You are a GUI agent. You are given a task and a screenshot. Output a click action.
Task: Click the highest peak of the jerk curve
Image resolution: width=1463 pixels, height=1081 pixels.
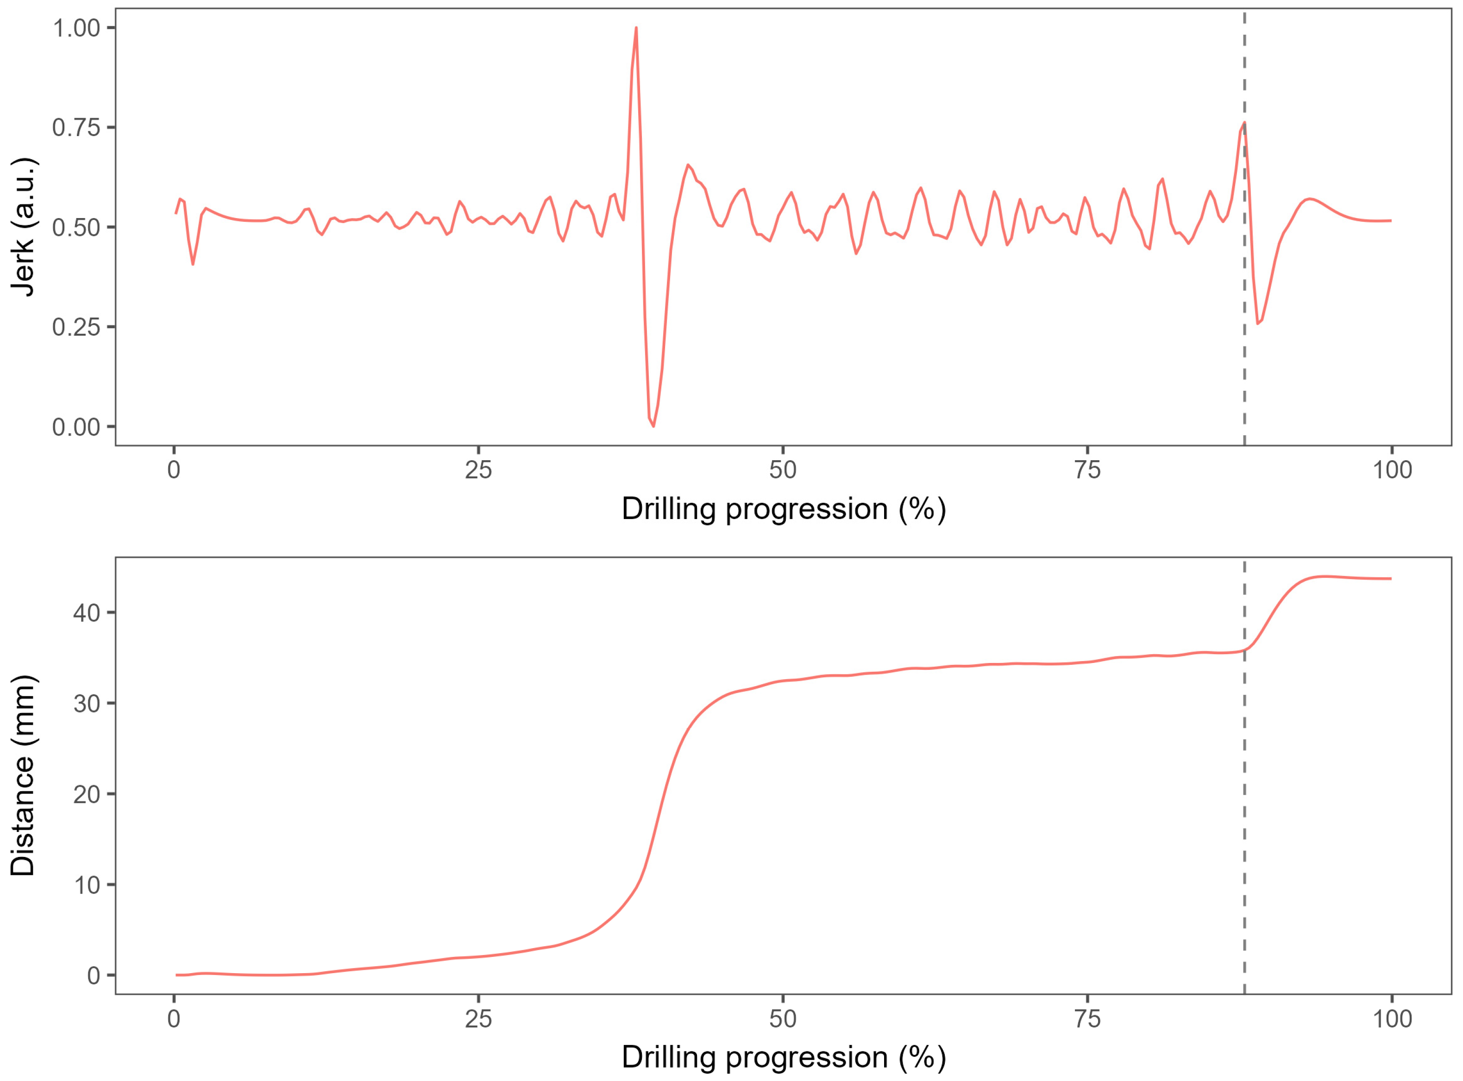(x=635, y=28)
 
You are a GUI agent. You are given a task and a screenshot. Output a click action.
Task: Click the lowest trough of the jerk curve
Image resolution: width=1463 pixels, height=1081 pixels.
(x=653, y=426)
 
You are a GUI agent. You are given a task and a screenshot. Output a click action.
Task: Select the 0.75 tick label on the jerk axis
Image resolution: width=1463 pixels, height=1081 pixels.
(x=76, y=128)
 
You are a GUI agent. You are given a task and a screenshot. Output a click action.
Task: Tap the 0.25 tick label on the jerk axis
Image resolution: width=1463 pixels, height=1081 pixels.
(x=76, y=327)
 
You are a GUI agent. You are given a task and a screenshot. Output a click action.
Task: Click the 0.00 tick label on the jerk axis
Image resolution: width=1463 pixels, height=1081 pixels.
(x=76, y=427)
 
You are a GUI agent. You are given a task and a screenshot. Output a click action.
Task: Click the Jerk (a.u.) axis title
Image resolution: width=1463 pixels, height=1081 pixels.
(x=24, y=227)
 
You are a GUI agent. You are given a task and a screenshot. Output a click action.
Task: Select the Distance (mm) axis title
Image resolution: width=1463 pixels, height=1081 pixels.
(x=24, y=775)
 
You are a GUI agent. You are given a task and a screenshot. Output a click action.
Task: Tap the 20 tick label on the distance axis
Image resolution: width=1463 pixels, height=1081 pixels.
(x=87, y=794)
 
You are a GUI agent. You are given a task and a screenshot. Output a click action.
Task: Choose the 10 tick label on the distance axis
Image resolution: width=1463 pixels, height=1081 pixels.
(x=87, y=885)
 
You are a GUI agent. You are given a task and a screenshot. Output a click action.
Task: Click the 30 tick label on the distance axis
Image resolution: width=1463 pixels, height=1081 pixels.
(x=87, y=703)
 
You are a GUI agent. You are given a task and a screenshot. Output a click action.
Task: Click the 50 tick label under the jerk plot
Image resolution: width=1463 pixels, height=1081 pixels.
(x=783, y=470)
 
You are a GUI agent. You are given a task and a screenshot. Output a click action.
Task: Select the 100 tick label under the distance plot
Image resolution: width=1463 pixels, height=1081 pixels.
(x=1392, y=1019)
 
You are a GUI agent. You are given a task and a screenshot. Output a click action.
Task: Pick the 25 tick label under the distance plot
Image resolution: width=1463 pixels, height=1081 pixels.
(x=478, y=1019)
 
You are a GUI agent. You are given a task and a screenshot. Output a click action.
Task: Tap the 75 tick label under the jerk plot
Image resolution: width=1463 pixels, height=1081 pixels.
(x=1087, y=470)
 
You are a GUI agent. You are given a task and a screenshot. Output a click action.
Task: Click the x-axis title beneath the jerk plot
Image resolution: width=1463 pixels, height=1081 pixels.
(x=784, y=510)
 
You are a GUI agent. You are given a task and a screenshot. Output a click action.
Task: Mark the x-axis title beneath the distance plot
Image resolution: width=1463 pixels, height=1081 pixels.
(x=784, y=1057)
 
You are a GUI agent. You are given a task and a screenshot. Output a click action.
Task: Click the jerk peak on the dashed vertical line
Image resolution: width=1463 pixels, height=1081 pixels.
(x=1244, y=123)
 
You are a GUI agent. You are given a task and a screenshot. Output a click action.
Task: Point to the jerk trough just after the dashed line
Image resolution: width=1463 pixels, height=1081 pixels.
(x=1257, y=323)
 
